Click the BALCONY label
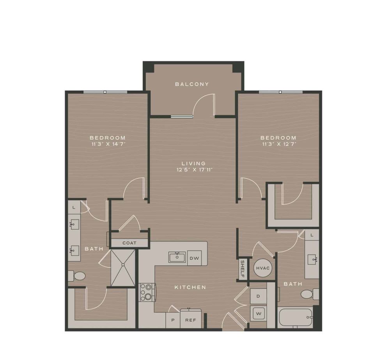click(192, 84)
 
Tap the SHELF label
click(243, 269)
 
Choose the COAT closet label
click(129, 243)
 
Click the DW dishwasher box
click(194, 258)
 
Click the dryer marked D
click(258, 296)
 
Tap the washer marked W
click(258, 313)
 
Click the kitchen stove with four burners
click(147, 292)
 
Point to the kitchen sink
click(177, 257)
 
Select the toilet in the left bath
click(78, 276)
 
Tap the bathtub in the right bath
click(296, 318)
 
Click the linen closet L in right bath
click(312, 235)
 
